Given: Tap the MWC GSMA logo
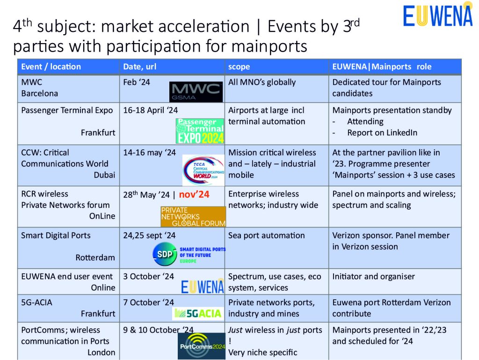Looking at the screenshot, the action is pyautogui.click(x=196, y=92).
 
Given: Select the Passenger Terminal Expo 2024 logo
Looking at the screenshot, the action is pyautogui.click(x=200, y=131).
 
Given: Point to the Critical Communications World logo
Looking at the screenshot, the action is pyautogui.click(x=203, y=170).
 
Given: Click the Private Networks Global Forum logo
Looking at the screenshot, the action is pyautogui.click(x=193, y=217).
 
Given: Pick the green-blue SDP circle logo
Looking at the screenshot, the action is pyautogui.click(x=165, y=254).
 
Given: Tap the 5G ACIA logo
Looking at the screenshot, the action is pyautogui.click(x=198, y=314).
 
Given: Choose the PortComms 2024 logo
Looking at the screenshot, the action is pyautogui.click(x=202, y=346).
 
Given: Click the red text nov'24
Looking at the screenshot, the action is pyautogui.click(x=194, y=194).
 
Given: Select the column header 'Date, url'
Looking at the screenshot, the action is pyautogui.click(x=139, y=66).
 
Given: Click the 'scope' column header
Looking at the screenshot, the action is pyautogui.click(x=239, y=67).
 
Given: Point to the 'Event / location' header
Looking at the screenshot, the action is pyautogui.click(x=51, y=66).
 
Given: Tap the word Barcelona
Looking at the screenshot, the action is pyautogui.click(x=40, y=94).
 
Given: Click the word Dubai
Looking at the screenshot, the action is pyautogui.click(x=104, y=175).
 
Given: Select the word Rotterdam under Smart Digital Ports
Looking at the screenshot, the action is pyautogui.click(x=95, y=257).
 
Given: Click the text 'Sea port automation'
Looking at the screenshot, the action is pyautogui.click(x=266, y=235).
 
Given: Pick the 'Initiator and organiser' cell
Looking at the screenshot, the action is pyautogui.click(x=374, y=277).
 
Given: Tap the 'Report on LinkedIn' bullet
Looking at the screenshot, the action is pyautogui.click(x=382, y=132).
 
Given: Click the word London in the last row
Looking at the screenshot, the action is pyautogui.click(x=102, y=353).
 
